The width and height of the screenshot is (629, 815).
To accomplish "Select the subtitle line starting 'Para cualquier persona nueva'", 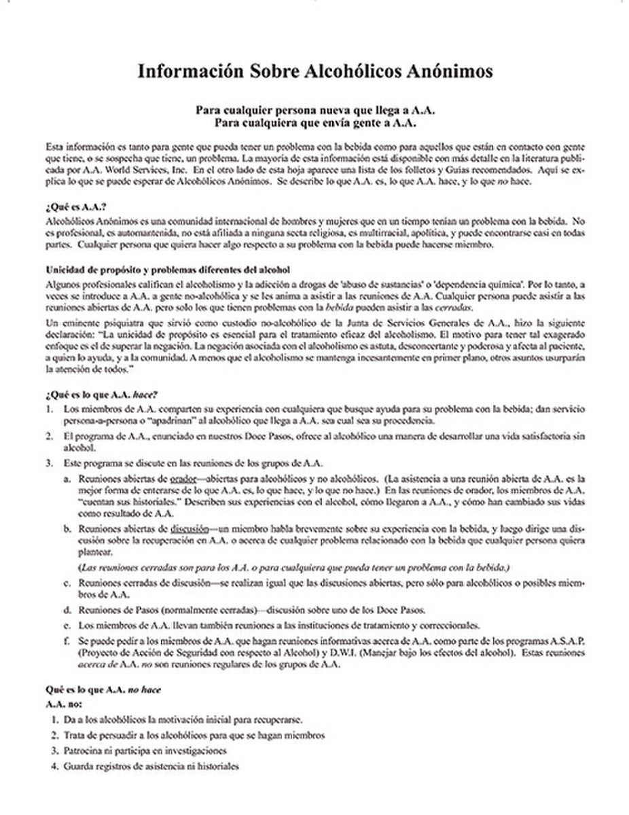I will [x=314, y=110].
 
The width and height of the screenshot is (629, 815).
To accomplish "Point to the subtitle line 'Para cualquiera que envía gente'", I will [x=314, y=123].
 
